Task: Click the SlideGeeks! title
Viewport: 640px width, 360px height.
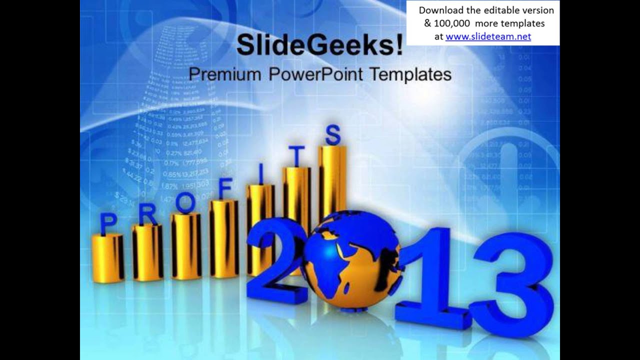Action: tap(319, 45)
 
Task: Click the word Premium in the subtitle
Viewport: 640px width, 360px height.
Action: tap(225, 74)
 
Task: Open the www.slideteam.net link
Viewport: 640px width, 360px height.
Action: tap(487, 36)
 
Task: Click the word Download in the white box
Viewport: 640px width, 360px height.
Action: tap(440, 10)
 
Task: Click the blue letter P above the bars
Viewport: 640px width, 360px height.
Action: tap(108, 223)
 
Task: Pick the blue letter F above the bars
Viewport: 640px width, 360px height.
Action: tap(225, 189)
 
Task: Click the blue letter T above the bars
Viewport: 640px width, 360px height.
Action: tap(296, 156)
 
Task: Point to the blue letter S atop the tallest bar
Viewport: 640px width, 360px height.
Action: tap(333, 134)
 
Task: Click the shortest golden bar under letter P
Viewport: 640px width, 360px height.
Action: tap(107, 257)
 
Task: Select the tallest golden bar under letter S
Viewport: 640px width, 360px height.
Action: tap(333, 180)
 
